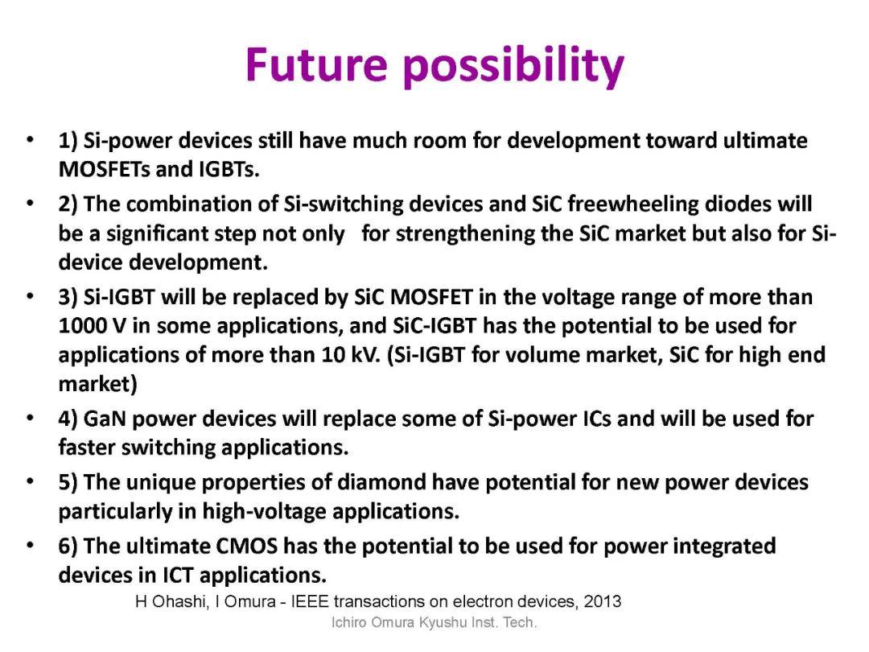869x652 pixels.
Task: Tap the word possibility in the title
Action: (513, 67)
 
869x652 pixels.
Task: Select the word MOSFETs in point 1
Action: (104, 168)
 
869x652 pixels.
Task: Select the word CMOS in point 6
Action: (247, 546)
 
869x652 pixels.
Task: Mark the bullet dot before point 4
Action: (30, 418)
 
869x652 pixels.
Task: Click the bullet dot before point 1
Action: (30, 139)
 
